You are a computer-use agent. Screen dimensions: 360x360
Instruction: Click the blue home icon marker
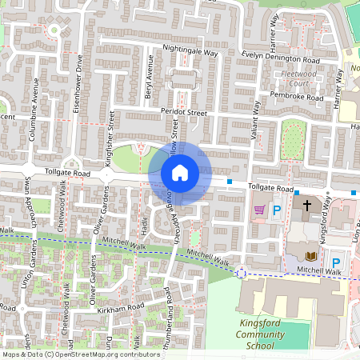coord(180,172)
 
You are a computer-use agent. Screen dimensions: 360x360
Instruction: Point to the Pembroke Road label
coord(297,95)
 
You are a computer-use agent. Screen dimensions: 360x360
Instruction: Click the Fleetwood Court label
coord(302,78)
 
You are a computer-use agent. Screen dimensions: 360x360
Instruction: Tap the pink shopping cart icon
coord(259,210)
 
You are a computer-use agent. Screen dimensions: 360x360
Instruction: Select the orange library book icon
coord(311,256)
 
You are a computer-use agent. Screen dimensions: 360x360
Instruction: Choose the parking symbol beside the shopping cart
coord(277,211)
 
